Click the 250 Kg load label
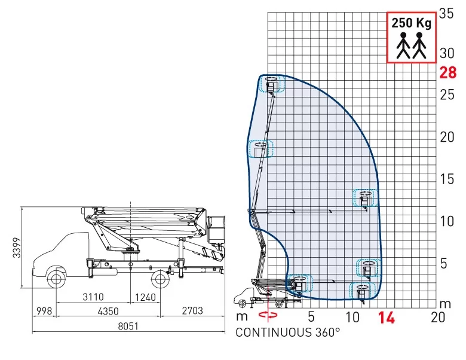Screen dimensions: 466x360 tap(411, 23)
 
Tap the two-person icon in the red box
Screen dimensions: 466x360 tap(411, 45)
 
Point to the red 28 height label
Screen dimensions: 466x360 tap(448, 72)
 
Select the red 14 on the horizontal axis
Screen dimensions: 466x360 tap(387, 318)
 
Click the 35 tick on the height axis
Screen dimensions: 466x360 tap(446, 13)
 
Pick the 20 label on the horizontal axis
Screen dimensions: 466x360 tap(437, 317)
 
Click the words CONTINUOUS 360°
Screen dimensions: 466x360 tap(287, 332)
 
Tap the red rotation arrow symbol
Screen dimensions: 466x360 tap(268, 315)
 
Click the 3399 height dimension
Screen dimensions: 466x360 tap(17, 248)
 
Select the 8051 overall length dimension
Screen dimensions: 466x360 tap(128, 326)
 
